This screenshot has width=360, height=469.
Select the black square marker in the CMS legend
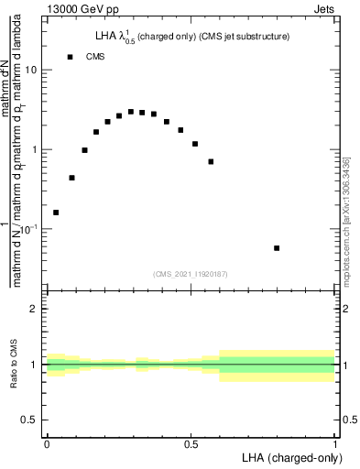click(x=70, y=57)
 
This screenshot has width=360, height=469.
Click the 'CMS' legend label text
click(x=95, y=57)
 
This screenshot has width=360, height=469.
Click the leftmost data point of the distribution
click(x=56, y=213)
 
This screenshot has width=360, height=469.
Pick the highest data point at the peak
click(x=131, y=112)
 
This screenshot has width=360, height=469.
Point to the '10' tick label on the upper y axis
click(x=31, y=71)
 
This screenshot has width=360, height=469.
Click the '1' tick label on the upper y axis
click(x=35, y=149)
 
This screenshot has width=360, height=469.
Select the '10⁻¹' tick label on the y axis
click(x=29, y=228)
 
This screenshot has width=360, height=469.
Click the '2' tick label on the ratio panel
click(x=35, y=309)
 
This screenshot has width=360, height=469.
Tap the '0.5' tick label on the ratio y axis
click(x=30, y=420)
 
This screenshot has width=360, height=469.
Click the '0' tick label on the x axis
click(x=47, y=442)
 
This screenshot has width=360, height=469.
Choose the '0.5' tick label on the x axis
click(x=191, y=442)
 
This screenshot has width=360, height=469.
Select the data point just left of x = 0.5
click(x=180, y=130)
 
